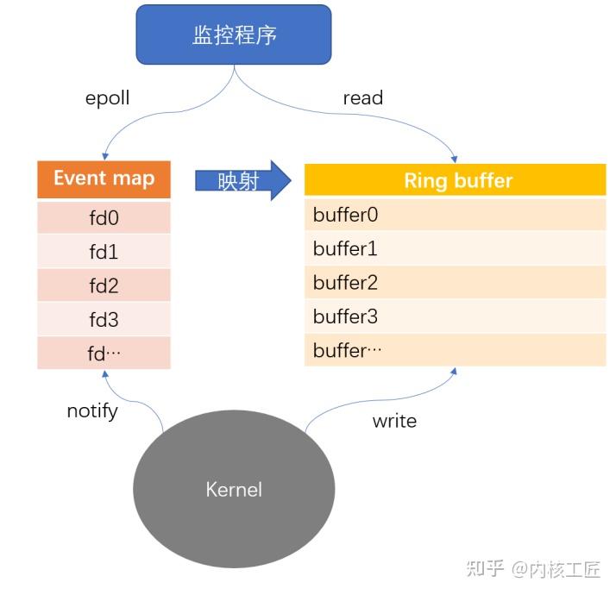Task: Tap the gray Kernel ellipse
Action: (234, 489)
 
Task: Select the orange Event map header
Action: (104, 178)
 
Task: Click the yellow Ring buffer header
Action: (456, 180)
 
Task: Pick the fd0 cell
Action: (104, 217)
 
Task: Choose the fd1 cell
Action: (104, 252)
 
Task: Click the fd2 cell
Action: (104, 285)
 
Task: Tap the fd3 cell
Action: (104, 319)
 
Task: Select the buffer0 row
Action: (456, 215)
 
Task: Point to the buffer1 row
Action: (456, 249)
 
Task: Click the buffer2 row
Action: (456, 283)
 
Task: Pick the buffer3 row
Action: (456, 316)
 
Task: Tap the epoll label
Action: (107, 97)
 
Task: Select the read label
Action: (362, 98)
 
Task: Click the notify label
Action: (92, 410)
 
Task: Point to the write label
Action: (394, 421)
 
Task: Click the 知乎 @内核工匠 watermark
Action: (532, 568)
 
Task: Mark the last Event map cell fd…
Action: (104, 353)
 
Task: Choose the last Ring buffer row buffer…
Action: (456, 350)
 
